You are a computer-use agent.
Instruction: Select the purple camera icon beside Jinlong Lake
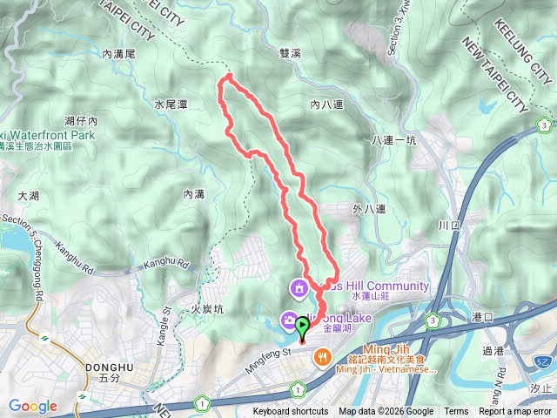click(x=287, y=321)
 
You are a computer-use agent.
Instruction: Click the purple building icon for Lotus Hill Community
click(x=299, y=287)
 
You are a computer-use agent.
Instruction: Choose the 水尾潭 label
click(x=171, y=104)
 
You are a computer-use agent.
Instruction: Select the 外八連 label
click(x=369, y=209)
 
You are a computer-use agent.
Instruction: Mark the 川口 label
click(x=449, y=225)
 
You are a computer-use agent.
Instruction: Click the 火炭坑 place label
click(x=207, y=309)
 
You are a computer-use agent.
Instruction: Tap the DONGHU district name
click(x=109, y=367)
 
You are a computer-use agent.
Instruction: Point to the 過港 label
click(x=493, y=351)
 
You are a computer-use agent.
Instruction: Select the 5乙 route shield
click(x=543, y=360)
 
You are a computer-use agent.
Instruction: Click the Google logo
click(x=33, y=406)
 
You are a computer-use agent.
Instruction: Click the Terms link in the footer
click(x=456, y=412)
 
